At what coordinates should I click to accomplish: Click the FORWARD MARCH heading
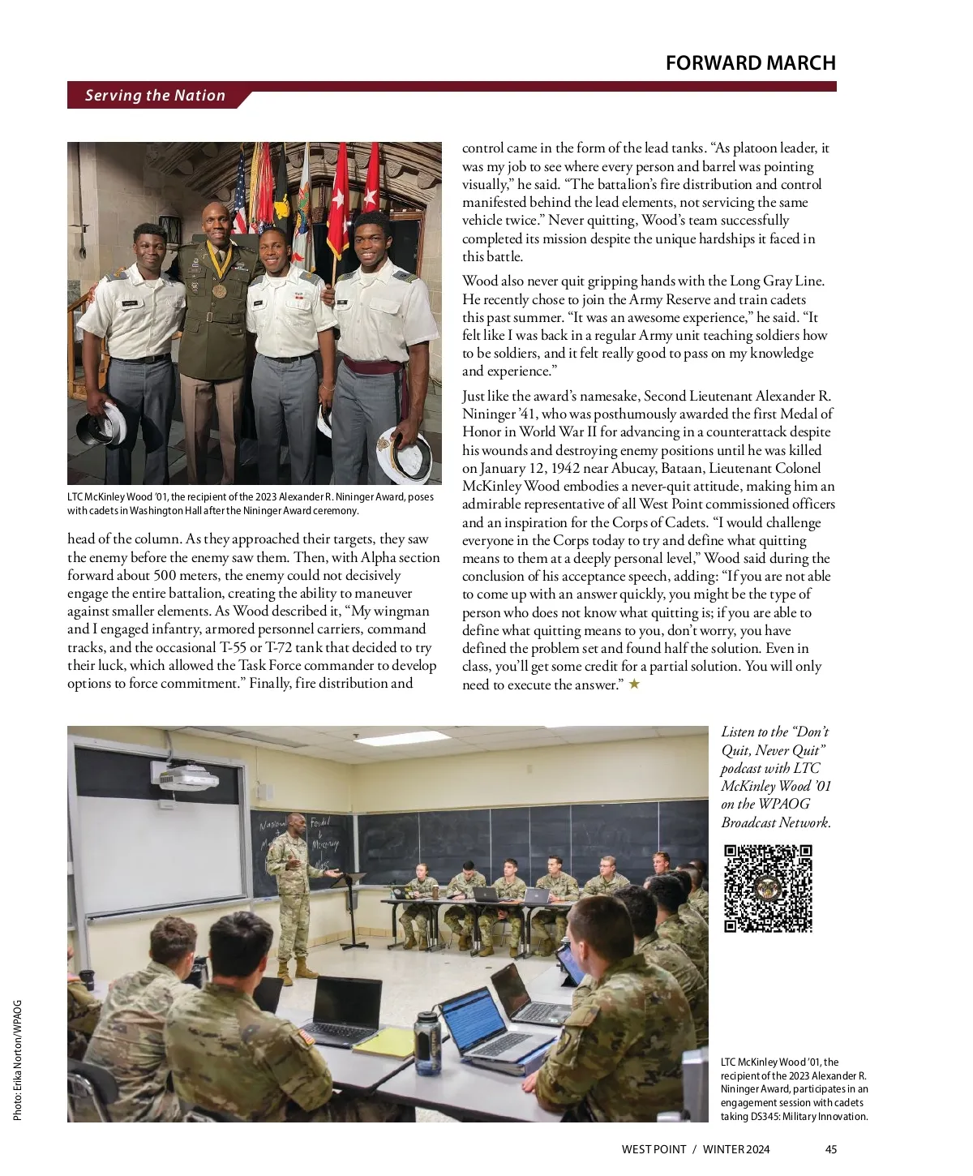click(750, 63)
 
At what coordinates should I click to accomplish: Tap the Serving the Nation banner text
click(155, 96)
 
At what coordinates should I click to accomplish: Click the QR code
click(767, 888)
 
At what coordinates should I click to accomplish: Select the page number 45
click(830, 1149)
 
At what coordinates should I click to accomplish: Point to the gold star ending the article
click(634, 685)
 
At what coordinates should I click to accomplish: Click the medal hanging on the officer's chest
click(220, 290)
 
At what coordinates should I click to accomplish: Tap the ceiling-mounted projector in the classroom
click(187, 779)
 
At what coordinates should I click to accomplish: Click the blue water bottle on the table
click(426, 1040)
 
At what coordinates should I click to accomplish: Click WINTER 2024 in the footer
click(736, 1149)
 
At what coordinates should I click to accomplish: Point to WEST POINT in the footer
click(654, 1149)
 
